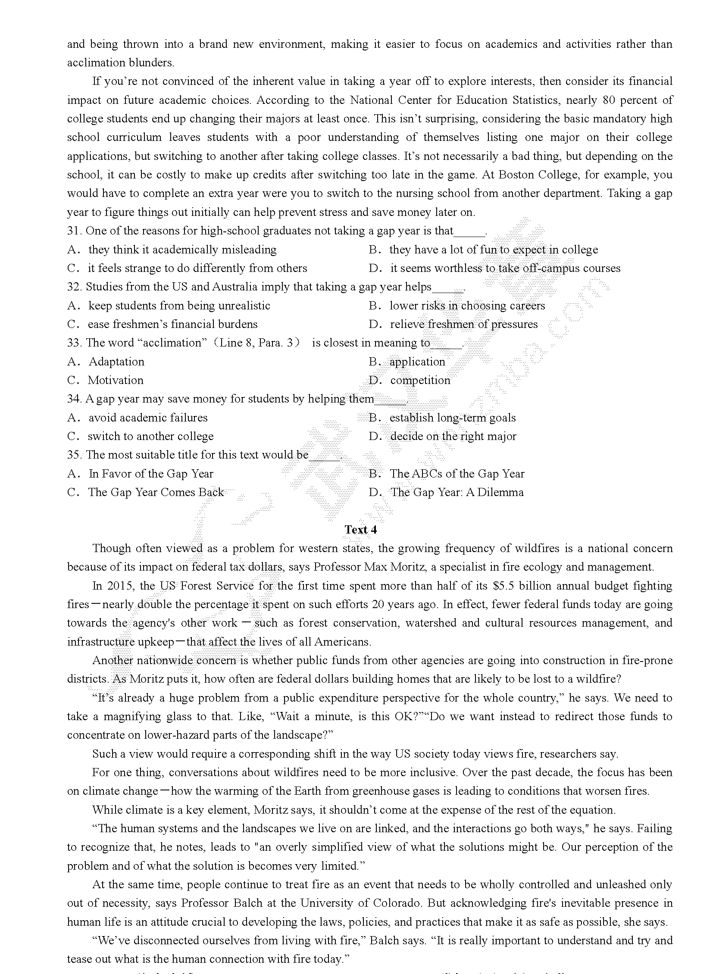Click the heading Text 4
click(x=360, y=530)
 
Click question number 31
click(x=74, y=231)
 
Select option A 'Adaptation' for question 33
click(x=116, y=362)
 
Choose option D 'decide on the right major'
click(x=453, y=436)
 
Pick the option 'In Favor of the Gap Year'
click(x=150, y=474)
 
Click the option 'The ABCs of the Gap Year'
click(x=457, y=474)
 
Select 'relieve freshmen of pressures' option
click(x=463, y=324)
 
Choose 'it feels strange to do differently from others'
click(x=197, y=268)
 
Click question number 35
click(x=74, y=455)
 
